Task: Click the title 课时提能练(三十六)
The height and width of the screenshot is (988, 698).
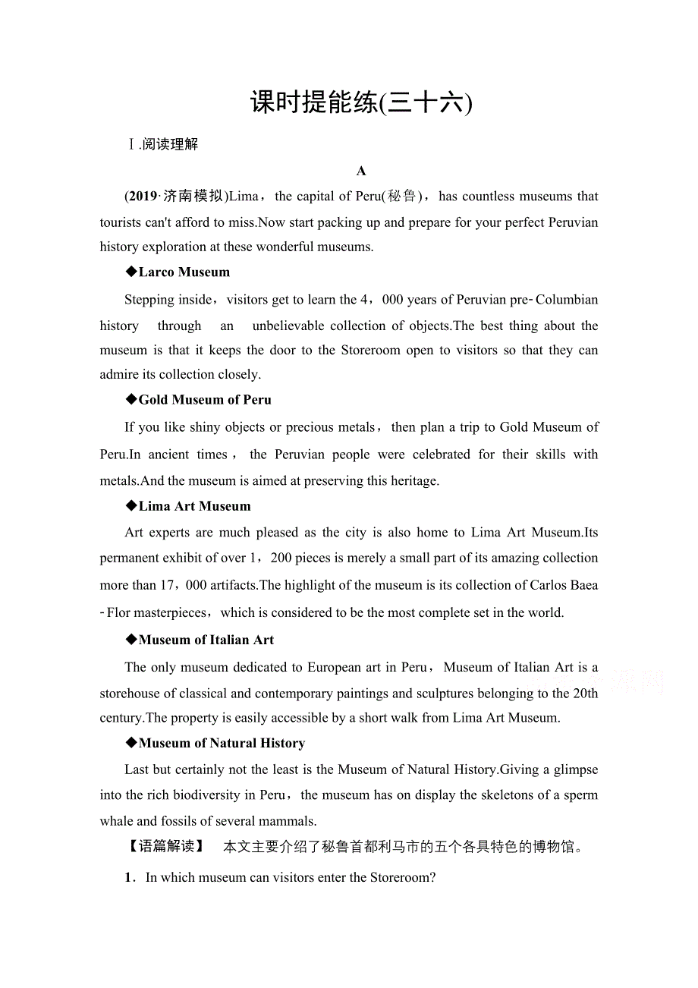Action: (x=360, y=102)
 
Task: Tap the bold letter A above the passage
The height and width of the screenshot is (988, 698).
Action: (x=361, y=171)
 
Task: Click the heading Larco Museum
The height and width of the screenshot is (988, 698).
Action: (x=184, y=272)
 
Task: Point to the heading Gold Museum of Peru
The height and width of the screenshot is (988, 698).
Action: (x=204, y=399)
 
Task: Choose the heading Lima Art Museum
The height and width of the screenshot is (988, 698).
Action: (x=194, y=506)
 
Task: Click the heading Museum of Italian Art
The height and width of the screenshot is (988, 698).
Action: (x=206, y=640)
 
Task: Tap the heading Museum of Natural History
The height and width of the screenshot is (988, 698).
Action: (x=222, y=743)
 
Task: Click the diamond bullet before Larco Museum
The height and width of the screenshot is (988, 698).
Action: (x=131, y=272)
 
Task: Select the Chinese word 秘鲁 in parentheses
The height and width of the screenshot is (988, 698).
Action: (x=402, y=196)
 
